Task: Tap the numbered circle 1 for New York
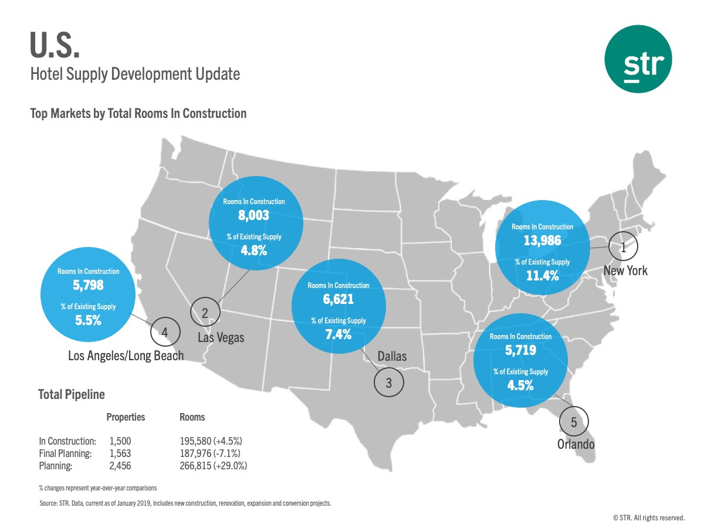coord(624,248)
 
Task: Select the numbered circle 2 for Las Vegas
coord(205,313)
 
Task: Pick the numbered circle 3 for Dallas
coord(389,383)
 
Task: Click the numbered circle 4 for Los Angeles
coord(165,333)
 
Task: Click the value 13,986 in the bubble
coord(543,240)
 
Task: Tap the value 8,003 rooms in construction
coord(253,215)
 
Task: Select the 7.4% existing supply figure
coord(339,335)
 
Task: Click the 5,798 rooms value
coord(88,286)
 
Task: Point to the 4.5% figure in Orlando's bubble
coord(520,385)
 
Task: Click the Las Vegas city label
coord(221,338)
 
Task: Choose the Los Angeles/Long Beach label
coord(126,356)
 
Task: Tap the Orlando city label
coord(576,444)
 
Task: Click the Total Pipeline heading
coord(71,394)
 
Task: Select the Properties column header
coord(126,417)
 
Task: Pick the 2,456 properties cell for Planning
coord(121,466)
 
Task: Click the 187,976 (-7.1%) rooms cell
coord(210,453)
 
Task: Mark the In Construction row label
coord(67,441)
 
